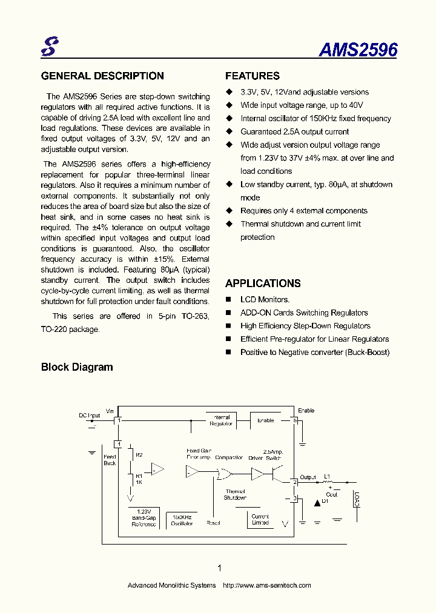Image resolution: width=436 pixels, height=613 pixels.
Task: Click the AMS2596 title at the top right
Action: pyautogui.click(x=358, y=50)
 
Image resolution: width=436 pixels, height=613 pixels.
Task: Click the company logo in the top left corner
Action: pyautogui.click(x=48, y=47)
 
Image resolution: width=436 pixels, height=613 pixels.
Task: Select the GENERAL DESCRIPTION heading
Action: pyautogui.click(x=102, y=76)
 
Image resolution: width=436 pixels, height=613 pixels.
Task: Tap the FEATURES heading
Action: pyautogui.click(x=253, y=76)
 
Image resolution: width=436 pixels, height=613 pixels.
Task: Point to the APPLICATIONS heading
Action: pyautogui.click(x=263, y=283)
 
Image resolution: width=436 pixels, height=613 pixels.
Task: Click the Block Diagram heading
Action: pyautogui.click(x=77, y=367)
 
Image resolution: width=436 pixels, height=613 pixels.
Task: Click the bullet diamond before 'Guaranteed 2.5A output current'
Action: pyautogui.click(x=229, y=131)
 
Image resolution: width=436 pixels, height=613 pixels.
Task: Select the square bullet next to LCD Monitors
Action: pyautogui.click(x=229, y=300)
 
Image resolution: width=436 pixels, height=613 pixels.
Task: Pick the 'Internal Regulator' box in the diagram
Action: pyautogui.click(x=221, y=420)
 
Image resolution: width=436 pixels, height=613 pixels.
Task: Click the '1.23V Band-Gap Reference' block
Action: pyautogui.click(x=144, y=518)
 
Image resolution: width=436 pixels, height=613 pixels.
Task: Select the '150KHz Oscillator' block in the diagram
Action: pyautogui.click(x=182, y=520)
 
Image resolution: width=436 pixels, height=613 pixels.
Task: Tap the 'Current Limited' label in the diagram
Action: pyautogui.click(x=260, y=520)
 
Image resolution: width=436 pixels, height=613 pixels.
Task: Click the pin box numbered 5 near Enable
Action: pyautogui.click(x=295, y=420)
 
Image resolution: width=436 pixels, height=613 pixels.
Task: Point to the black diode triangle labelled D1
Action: pyautogui.click(x=316, y=502)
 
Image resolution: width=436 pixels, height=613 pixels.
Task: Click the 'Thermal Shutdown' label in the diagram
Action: pyautogui.click(x=235, y=494)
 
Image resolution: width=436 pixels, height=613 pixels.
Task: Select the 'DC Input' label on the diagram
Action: pyautogui.click(x=90, y=416)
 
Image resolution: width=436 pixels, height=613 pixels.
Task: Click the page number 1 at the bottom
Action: pyautogui.click(x=219, y=568)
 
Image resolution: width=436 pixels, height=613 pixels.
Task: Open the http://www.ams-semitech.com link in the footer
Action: pyautogui.click(x=267, y=585)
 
